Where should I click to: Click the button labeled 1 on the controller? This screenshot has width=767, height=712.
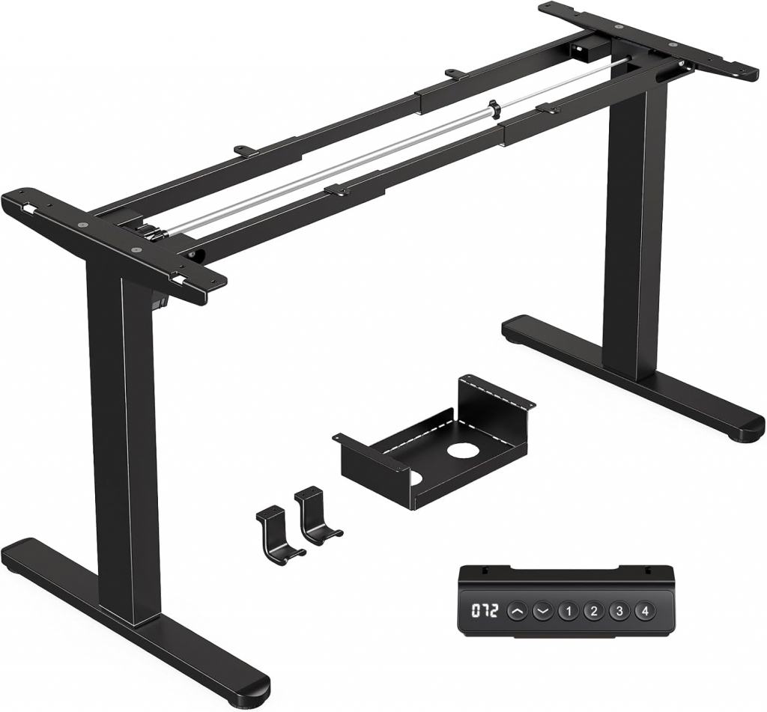point(568,611)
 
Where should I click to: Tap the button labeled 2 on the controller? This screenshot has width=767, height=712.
point(593,611)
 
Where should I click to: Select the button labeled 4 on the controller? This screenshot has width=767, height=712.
point(644,611)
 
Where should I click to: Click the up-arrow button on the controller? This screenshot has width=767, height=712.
point(517,611)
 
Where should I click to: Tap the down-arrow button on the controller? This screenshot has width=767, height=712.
point(542,611)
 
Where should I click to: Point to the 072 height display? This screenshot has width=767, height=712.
point(485,611)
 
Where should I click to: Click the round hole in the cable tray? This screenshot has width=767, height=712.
point(461,451)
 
